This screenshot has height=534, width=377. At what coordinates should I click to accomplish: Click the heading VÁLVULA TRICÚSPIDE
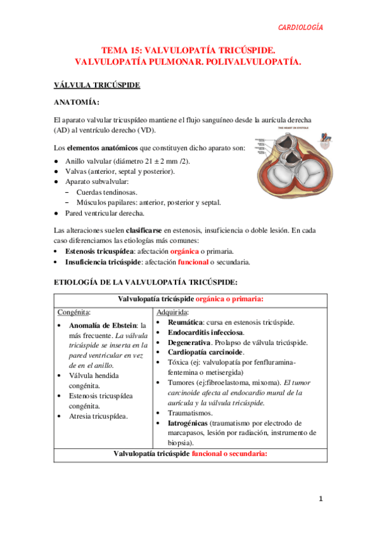point(97,84)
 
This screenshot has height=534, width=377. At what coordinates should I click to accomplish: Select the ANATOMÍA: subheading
point(76,102)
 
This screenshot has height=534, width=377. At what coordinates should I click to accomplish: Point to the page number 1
point(320,499)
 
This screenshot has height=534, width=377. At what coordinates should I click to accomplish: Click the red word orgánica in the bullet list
point(188,251)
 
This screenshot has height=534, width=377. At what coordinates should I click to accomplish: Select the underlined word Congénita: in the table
point(74,312)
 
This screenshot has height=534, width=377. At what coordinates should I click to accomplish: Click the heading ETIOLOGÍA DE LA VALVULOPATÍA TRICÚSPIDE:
point(146,283)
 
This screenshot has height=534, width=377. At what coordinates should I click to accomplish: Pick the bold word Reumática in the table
point(187,322)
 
